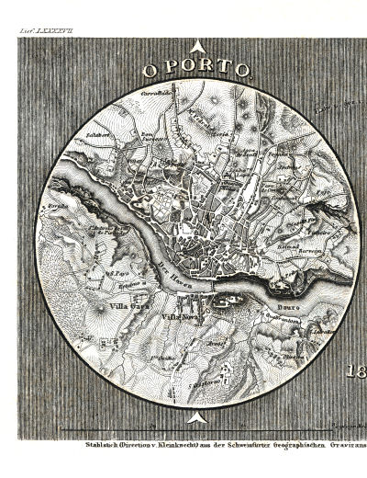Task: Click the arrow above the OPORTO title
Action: click(x=195, y=51)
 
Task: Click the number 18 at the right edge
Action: click(x=357, y=371)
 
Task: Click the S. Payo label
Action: click(x=116, y=273)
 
